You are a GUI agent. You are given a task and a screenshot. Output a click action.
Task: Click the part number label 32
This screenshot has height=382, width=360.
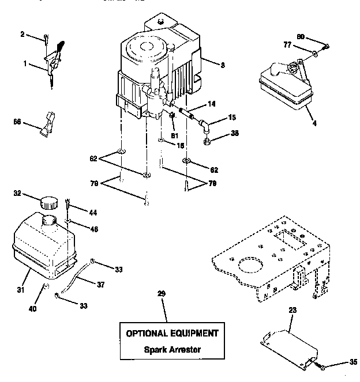(18, 194)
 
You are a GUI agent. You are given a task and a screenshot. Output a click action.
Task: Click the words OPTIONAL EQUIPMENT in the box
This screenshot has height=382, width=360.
(172, 333)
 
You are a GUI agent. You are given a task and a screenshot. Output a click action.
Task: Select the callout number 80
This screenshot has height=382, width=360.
(301, 38)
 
